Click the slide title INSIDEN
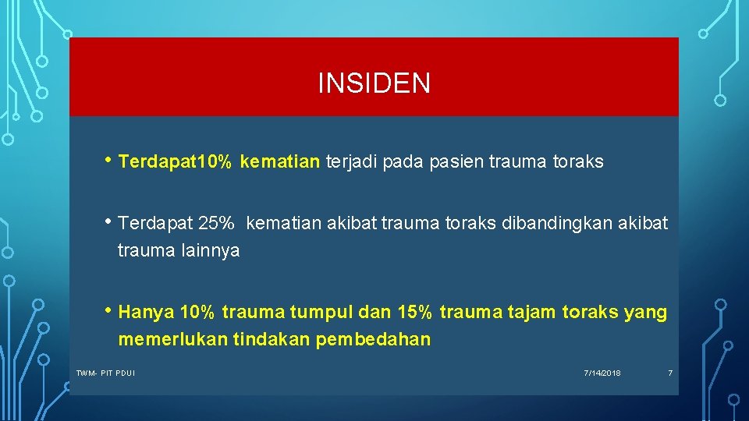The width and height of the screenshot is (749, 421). point(374,83)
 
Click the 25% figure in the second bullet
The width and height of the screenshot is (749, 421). point(216,224)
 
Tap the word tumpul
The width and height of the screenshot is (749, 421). point(321,313)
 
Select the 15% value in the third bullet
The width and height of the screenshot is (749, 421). point(414,313)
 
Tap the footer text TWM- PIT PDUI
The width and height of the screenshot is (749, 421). point(105,373)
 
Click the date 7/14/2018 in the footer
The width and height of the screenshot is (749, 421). point(602,373)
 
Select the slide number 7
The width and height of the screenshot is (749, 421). point(669,373)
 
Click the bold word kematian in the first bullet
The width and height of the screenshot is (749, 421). point(280,162)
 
